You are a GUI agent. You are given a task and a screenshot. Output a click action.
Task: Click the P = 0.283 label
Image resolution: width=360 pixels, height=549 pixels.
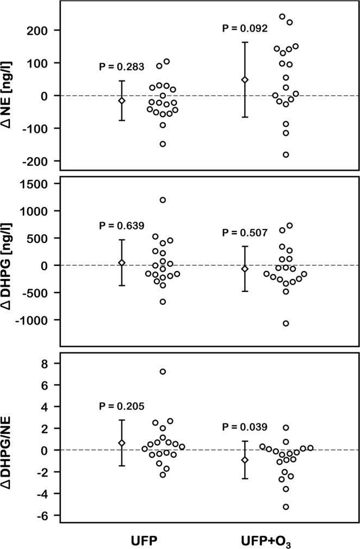[x=121, y=67]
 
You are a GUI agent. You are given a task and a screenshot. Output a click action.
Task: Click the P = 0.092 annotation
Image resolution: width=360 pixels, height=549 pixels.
[x=245, y=29]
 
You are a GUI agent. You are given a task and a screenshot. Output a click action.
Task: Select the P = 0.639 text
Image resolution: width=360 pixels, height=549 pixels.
[x=121, y=226]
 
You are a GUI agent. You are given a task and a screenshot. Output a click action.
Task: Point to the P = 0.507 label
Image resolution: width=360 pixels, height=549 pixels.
[x=245, y=233]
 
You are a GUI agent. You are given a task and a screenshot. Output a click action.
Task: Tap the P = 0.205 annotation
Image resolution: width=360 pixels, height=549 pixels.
[x=121, y=406]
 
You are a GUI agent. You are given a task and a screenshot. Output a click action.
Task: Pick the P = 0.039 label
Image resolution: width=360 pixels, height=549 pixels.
[x=245, y=428]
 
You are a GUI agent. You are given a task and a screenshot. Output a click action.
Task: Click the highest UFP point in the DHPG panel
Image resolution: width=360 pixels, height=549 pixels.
[x=163, y=200]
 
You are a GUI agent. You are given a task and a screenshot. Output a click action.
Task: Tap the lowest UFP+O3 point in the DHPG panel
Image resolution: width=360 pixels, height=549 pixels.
[x=285, y=323]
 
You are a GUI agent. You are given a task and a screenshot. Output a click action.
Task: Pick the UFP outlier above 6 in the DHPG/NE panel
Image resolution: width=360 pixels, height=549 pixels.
[x=163, y=371]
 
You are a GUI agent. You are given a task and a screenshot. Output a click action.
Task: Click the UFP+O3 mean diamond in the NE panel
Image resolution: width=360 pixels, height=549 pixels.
[x=245, y=80]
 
